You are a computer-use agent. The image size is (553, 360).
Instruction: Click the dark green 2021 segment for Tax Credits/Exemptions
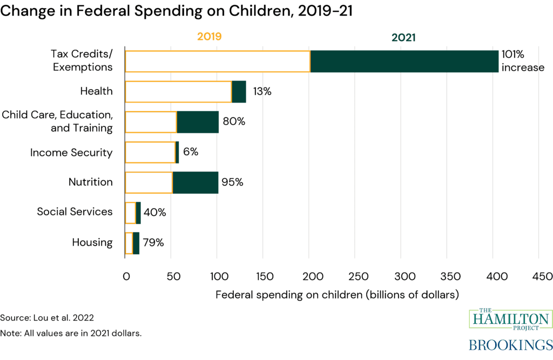click(x=404, y=61)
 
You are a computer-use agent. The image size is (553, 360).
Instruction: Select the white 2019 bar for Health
click(x=178, y=91)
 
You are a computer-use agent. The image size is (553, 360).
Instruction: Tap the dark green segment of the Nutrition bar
click(x=195, y=182)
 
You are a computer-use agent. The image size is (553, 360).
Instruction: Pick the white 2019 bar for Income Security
click(x=150, y=152)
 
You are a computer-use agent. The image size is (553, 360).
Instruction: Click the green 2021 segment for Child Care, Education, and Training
click(x=197, y=122)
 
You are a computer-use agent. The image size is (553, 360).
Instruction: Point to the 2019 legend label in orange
click(x=210, y=37)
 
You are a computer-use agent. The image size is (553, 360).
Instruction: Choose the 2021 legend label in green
click(x=404, y=37)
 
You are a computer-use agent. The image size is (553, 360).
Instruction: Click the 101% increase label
click(x=522, y=60)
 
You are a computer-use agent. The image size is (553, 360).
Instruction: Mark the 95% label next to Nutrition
click(x=232, y=182)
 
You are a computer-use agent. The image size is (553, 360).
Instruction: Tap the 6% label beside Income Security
click(x=191, y=152)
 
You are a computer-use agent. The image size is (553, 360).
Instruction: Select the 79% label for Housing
click(x=154, y=242)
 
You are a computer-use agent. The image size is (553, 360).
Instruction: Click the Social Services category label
click(x=75, y=212)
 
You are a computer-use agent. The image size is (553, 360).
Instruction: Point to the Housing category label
click(x=92, y=242)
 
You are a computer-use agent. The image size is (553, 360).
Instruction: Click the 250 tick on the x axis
click(x=355, y=276)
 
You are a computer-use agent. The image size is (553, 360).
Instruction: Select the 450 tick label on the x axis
click(x=540, y=276)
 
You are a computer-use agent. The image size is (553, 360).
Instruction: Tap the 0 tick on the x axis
click(x=125, y=276)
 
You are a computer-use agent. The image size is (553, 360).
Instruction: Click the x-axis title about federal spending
click(x=337, y=295)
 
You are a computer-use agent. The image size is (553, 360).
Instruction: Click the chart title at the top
click(x=176, y=12)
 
